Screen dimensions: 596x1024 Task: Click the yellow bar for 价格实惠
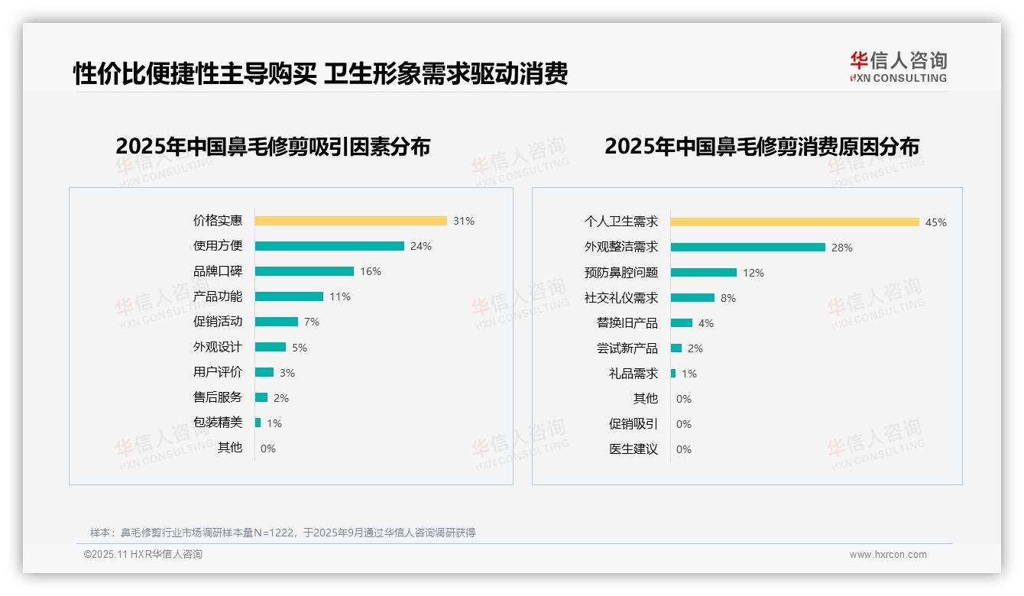(x=351, y=221)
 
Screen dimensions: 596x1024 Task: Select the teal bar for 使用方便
(x=329, y=246)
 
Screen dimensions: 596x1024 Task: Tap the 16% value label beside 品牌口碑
(x=371, y=271)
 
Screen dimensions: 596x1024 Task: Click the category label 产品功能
(x=217, y=296)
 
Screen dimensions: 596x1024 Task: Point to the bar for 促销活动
(x=277, y=322)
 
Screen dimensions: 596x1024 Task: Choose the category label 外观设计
(x=217, y=347)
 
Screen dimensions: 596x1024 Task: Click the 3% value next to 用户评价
(x=287, y=373)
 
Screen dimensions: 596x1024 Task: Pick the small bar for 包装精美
(x=258, y=423)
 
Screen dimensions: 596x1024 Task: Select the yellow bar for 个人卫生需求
(x=795, y=222)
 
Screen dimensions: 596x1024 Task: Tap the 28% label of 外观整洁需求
(x=842, y=248)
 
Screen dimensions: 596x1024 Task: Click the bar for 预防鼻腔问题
(x=704, y=273)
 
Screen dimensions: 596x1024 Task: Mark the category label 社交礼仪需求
(x=621, y=298)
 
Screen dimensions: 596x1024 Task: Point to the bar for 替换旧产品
(x=682, y=323)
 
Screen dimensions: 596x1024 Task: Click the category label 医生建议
(x=633, y=449)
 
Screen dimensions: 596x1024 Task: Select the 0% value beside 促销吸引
(x=684, y=424)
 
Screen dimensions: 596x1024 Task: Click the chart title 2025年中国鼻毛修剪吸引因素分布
(x=273, y=147)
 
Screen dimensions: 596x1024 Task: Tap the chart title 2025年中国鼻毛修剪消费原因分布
(x=761, y=147)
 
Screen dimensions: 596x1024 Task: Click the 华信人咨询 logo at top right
(x=898, y=67)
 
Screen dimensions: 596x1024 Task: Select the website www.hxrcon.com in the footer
(x=888, y=555)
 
